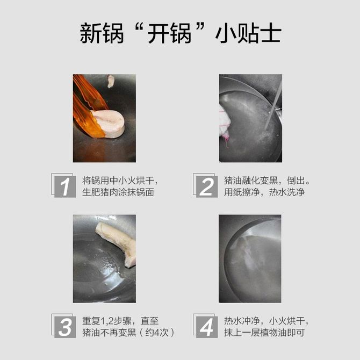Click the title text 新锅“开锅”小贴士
[181, 33]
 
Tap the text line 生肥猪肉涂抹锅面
[118, 192]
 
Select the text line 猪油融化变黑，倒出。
[267, 181]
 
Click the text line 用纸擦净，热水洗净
[264, 192]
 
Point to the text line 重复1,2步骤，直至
[120, 321]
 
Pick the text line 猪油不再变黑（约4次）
[128, 333]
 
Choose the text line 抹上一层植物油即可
[264, 333]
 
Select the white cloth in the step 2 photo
[225, 121]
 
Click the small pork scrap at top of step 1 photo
[111, 81]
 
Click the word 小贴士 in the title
[248, 33]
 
